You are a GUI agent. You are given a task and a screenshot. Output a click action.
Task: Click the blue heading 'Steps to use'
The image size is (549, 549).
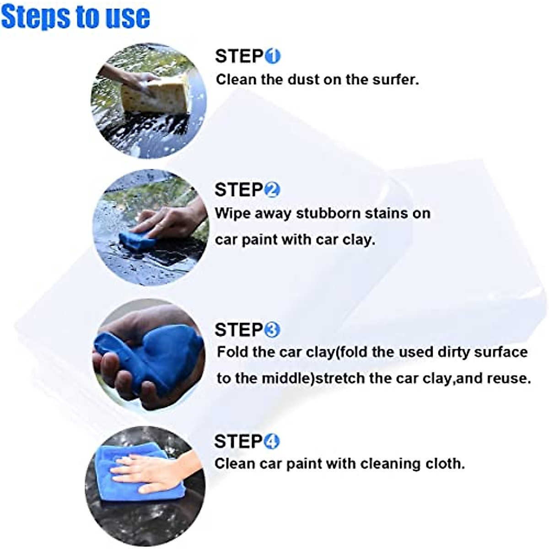point(75,17)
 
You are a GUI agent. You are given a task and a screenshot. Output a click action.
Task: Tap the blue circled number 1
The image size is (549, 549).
point(273,57)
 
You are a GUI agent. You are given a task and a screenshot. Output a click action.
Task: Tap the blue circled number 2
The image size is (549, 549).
point(273,190)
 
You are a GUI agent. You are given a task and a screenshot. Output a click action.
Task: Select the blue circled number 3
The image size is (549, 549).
point(273,330)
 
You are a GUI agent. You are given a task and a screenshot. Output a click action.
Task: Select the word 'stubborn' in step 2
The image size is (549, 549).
point(323,214)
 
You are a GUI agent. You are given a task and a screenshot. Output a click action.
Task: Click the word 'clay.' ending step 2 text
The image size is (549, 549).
point(359,239)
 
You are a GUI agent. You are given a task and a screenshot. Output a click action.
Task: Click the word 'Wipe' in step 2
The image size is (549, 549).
point(231,214)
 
